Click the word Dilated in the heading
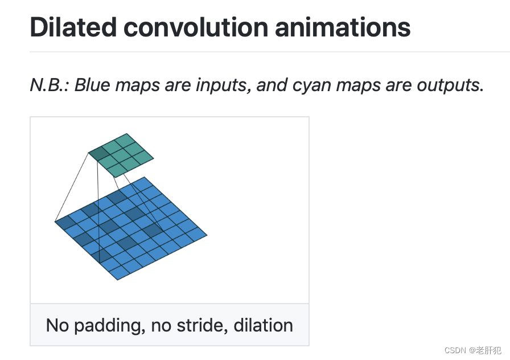click(x=73, y=27)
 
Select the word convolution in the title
click(x=196, y=27)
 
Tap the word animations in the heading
click(x=343, y=27)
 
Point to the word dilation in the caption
click(x=263, y=325)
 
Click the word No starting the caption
click(x=57, y=325)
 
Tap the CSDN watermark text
click(x=455, y=350)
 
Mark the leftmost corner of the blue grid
click(x=55, y=222)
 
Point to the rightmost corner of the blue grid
click(x=207, y=235)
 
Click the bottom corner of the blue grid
click(x=117, y=280)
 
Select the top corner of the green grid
click(x=126, y=133)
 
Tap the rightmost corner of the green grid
click(x=154, y=158)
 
